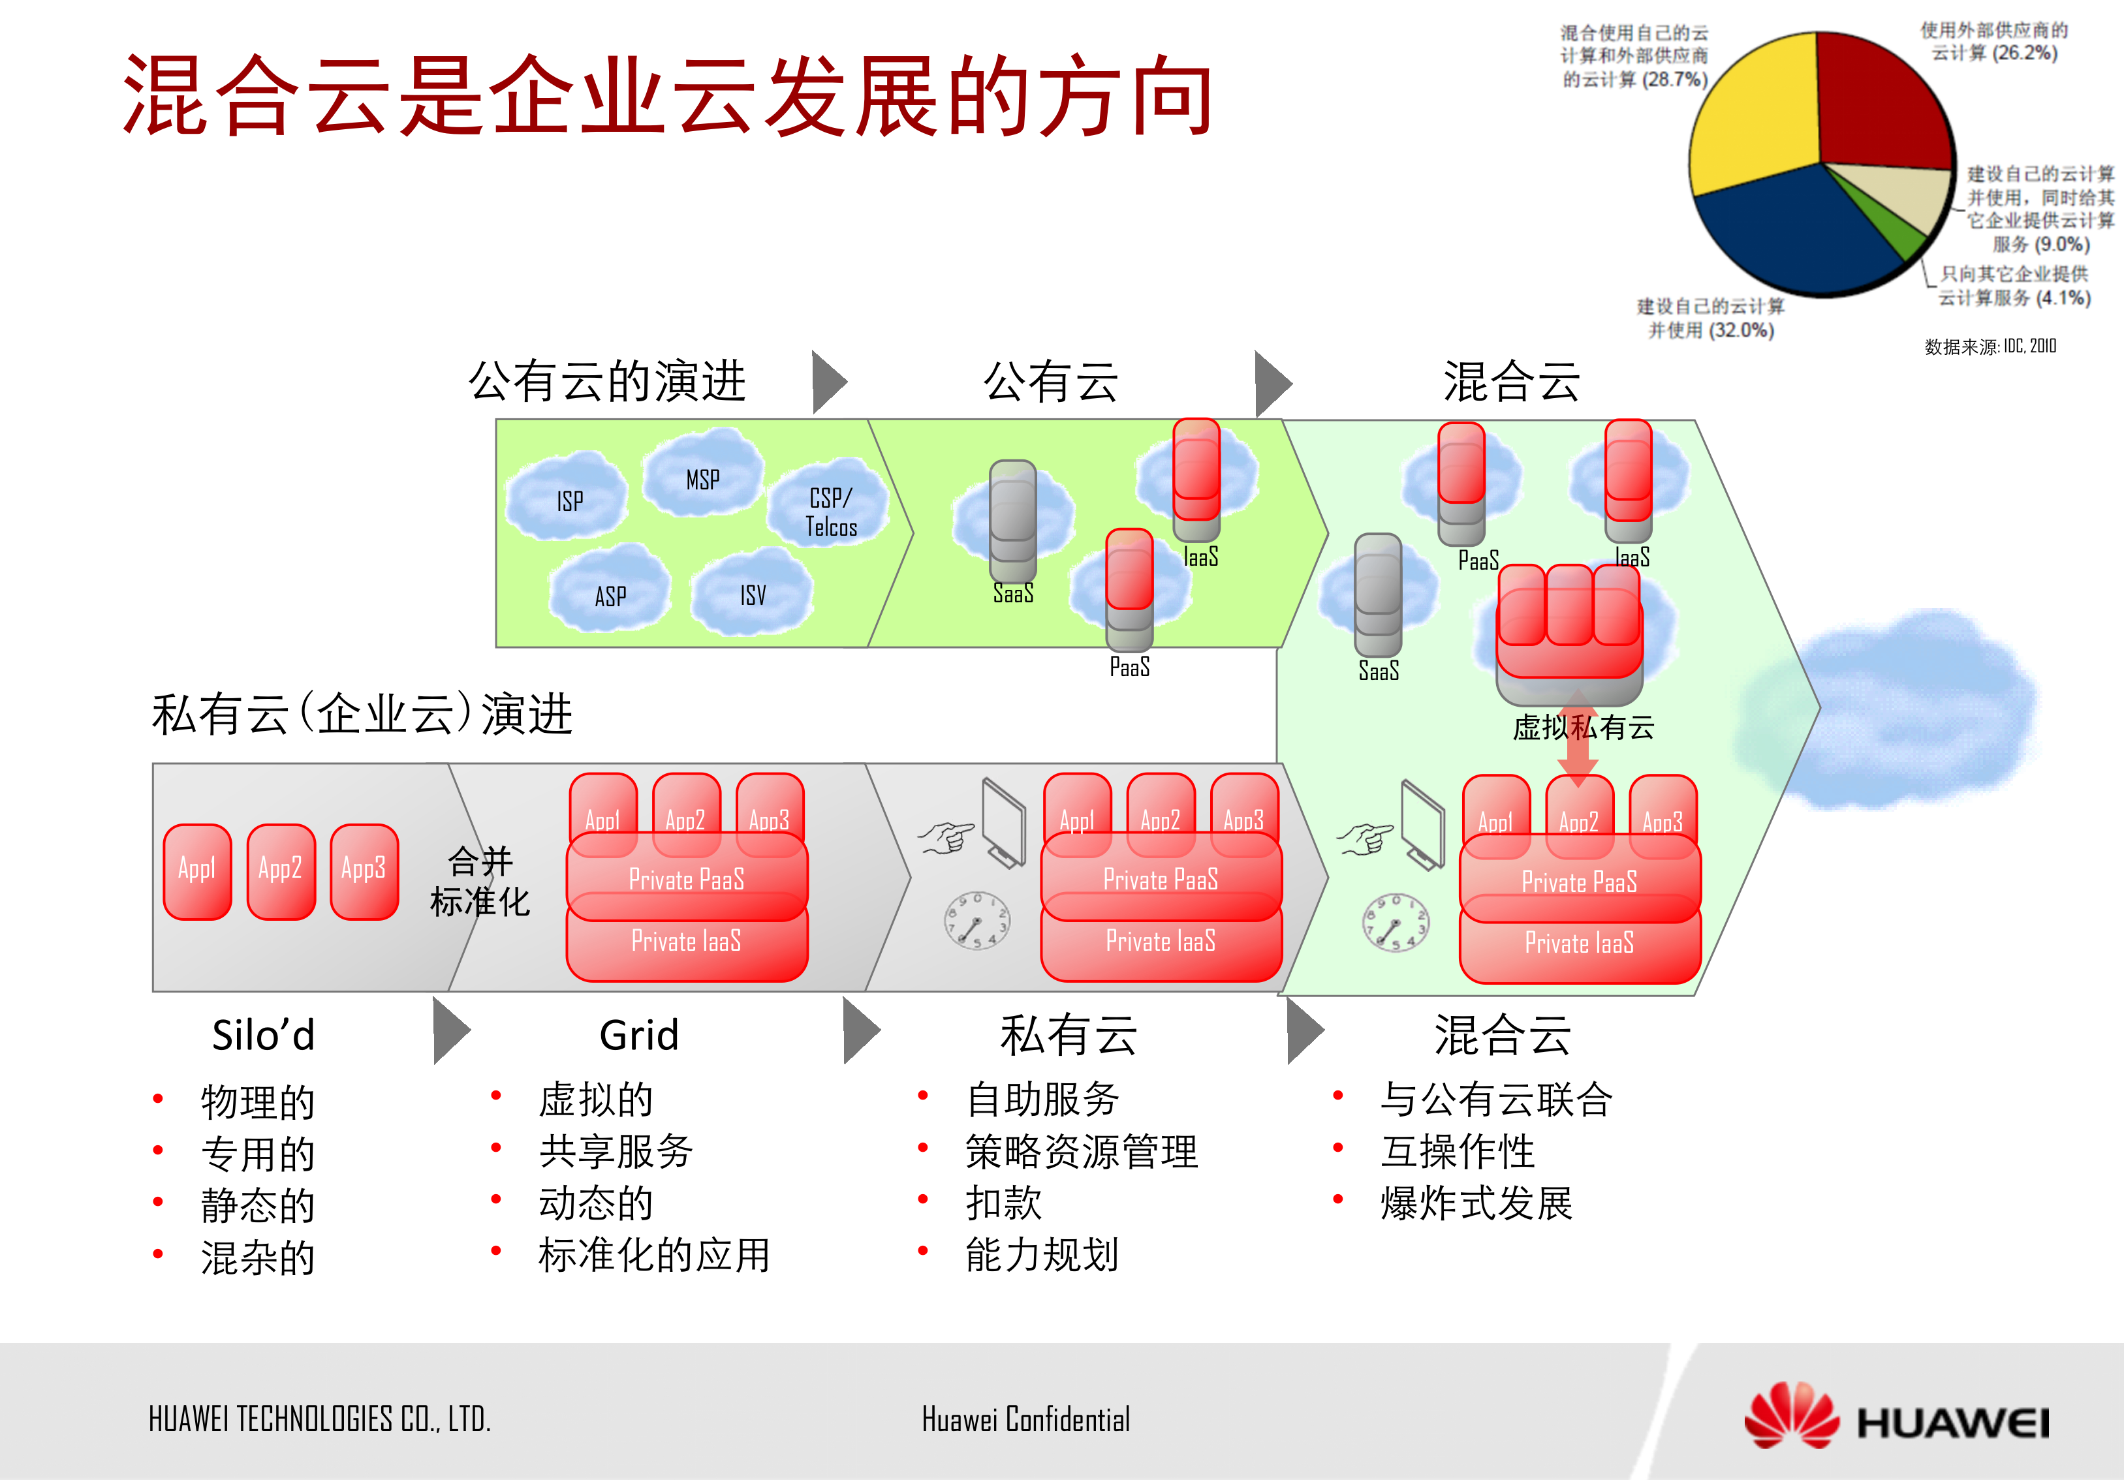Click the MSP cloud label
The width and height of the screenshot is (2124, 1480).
click(x=702, y=479)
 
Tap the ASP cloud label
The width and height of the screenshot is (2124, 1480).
click(x=610, y=596)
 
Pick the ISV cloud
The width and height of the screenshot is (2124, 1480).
click(x=752, y=594)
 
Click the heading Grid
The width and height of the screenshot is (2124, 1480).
click(x=638, y=1035)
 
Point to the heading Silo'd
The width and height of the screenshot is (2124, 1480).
click(x=264, y=1035)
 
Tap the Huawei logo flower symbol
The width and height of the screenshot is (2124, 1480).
click(x=1791, y=1415)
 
